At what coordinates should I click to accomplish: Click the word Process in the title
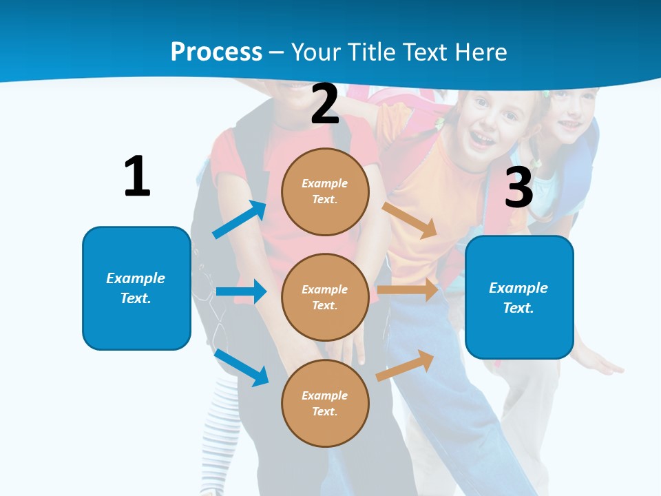(216, 52)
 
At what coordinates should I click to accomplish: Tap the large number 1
(137, 176)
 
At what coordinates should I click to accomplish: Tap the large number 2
(324, 104)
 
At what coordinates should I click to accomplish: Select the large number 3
(518, 187)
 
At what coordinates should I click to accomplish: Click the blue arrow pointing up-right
(239, 220)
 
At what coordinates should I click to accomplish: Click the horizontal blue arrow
(241, 291)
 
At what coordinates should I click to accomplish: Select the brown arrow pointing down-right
(410, 220)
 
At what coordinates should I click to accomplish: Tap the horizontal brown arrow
(408, 290)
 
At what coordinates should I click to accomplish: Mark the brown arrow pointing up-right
(406, 365)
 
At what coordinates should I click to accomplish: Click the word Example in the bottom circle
(324, 395)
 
